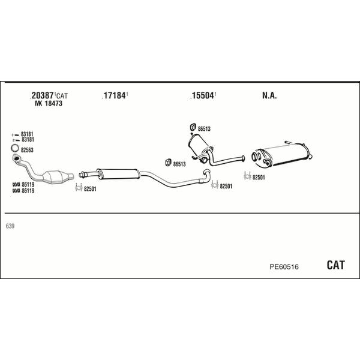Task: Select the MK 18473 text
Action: tap(49, 104)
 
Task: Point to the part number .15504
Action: tap(203, 95)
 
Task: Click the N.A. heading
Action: tap(269, 95)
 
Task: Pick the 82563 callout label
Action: tap(28, 149)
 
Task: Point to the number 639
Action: tap(10, 226)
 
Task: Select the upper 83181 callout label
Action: tap(28, 134)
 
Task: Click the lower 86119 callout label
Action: tap(28, 191)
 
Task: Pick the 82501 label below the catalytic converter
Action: tap(89, 190)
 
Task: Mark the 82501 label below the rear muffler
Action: tap(259, 177)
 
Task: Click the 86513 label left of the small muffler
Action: tap(179, 163)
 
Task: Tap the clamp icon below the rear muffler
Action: tap(247, 176)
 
